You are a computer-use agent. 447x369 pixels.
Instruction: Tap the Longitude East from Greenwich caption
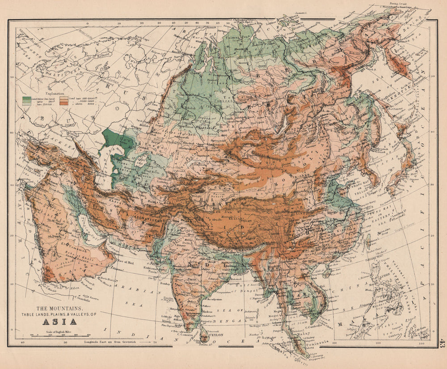coord(118,342)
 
